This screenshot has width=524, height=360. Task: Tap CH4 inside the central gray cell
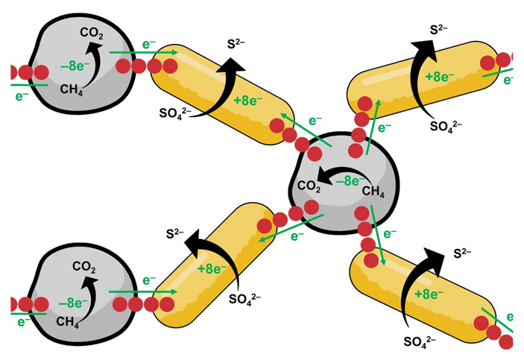tap(373, 192)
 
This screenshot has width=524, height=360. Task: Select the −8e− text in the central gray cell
tap(349, 180)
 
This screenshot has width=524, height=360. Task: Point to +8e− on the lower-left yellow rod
tap(214, 267)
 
